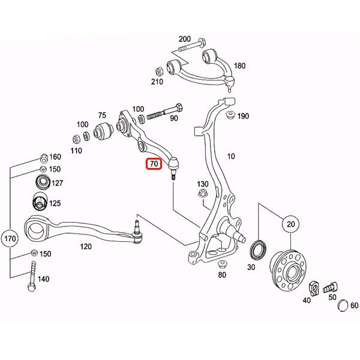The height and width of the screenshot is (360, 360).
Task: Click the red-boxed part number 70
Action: click(x=154, y=163)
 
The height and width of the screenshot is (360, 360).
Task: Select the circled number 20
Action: click(x=291, y=224)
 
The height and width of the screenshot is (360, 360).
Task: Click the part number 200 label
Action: click(x=185, y=39)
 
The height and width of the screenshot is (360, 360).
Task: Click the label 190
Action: click(x=243, y=116)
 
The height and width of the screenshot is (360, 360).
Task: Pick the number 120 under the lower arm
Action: click(x=86, y=247)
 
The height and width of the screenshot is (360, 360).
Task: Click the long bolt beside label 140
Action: click(x=32, y=277)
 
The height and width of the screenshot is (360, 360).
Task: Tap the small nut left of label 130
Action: click(x=201, y=193)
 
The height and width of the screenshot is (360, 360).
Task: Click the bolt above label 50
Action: click(x=332, y=287)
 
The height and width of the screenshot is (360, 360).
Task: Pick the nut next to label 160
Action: click(x=43, y=158)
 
